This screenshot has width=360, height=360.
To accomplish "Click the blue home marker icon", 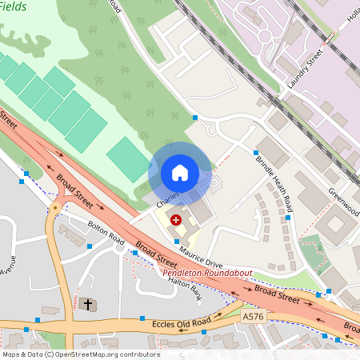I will [180, 173].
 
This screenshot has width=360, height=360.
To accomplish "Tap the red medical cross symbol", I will [176, 219].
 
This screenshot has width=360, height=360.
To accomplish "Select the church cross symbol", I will [86, 304].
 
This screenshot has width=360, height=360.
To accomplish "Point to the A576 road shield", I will [253, 318].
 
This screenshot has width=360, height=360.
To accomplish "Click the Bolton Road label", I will [106, 233].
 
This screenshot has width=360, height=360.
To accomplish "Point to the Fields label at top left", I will [14, 6].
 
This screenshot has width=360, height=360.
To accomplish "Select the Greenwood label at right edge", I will [344, 197].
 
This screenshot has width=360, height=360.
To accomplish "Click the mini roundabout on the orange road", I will [54, 209].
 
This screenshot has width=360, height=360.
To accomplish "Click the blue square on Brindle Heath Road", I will [256, 152].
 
